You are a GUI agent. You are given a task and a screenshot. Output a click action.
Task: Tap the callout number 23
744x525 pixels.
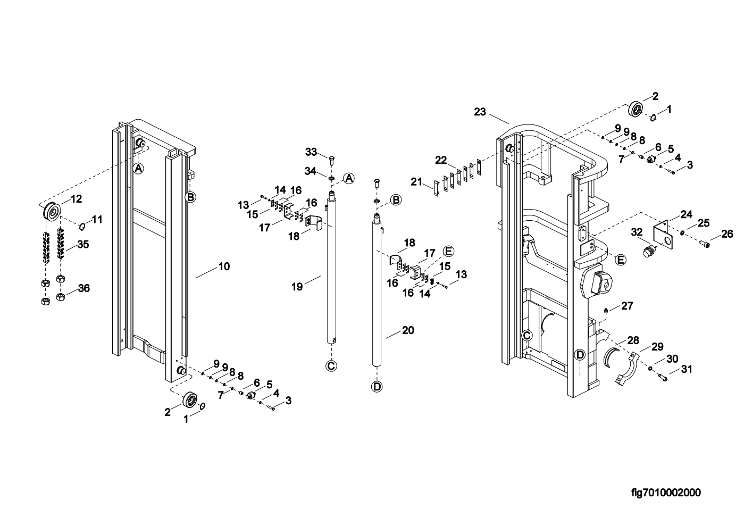[x=480, y=112]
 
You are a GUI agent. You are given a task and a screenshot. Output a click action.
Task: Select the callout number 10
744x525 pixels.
[x=224, y=266]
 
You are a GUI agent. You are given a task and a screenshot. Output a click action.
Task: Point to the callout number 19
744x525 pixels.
[x=297, y=286]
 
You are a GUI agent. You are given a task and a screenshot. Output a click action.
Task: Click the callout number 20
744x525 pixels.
[x=408, y=330]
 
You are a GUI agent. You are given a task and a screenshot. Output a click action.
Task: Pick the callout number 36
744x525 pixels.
[x=83, y=288]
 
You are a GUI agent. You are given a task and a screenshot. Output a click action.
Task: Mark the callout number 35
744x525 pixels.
[x=83, y=244]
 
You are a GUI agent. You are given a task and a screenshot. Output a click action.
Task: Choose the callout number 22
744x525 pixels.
[x=441, y=161]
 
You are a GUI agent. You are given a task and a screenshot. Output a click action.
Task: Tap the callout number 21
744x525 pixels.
[x=416, y=182]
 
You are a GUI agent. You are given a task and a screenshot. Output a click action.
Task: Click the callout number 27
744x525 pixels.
[x=627, y=306]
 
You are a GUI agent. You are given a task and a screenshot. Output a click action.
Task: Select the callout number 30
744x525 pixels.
[x=672, y=359]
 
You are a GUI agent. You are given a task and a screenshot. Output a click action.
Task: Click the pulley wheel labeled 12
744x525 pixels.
[x=53, y=211]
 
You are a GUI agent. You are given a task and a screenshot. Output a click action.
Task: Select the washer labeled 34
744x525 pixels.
[x=331, y=179]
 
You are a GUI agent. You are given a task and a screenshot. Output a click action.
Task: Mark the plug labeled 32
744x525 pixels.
[x=647, y=251]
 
